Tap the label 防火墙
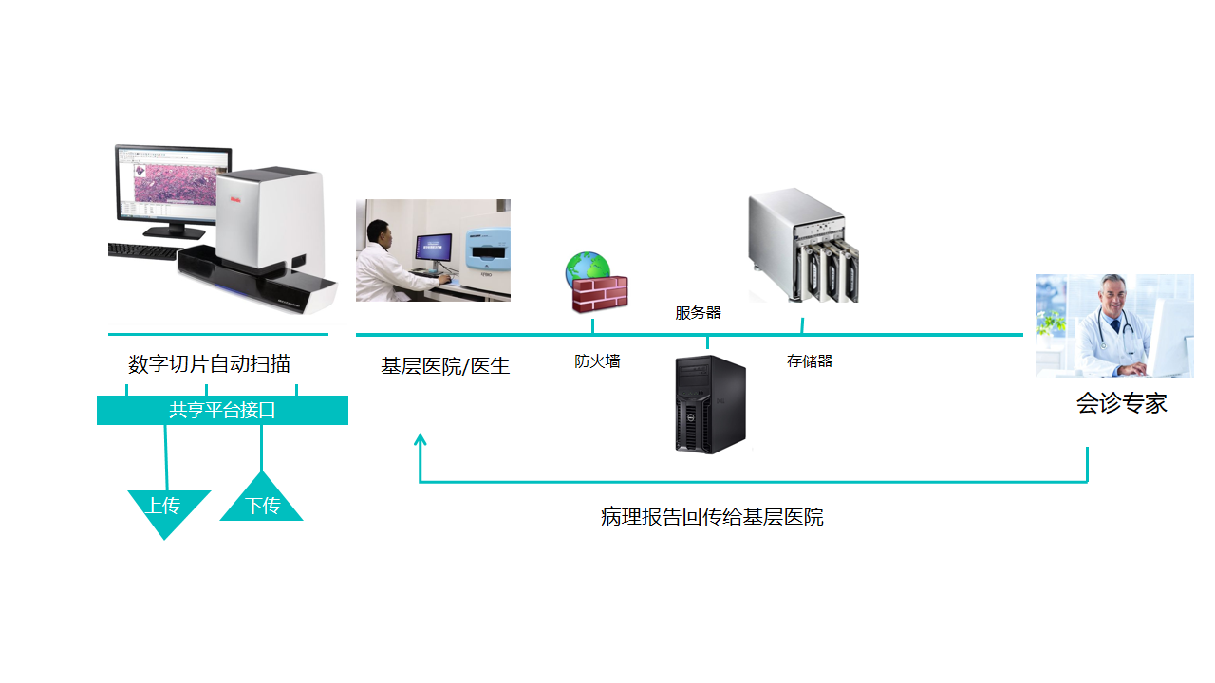[x=597, y=361]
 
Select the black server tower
[x=710, y=404]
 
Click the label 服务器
[x=698, y=313]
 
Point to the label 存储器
[x=810, y=361]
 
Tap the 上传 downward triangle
[x=166, y=508]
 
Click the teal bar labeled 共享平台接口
[x=222, y=411]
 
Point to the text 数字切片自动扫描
[x=210, y=364]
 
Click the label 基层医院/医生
[x=445, y=366]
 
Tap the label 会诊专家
[x=1121, y=403]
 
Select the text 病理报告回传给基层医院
[x=712, y=518]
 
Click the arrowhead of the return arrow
[x=421, y=439]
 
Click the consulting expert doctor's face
[x=1112, y=295]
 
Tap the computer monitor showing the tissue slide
[x=173, y=185]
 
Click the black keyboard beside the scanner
[x=142, y=251]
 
